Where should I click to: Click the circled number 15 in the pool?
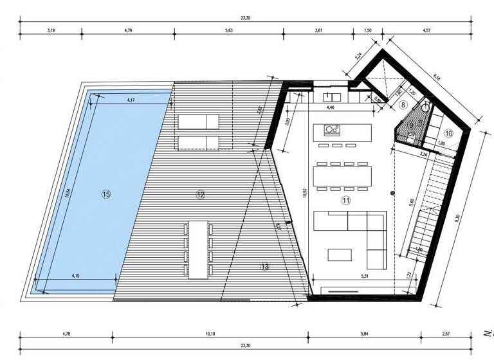coord(106,194)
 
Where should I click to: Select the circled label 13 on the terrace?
coord(264,266)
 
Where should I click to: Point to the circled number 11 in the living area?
coord(346,201)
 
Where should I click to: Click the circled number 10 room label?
coord(448,133)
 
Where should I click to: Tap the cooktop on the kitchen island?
coord(333,131)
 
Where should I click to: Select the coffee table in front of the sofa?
coord(341,255)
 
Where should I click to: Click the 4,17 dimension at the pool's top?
coord(131,100)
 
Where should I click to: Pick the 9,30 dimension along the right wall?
coord(457,217)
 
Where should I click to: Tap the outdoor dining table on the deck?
coord(198,249)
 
